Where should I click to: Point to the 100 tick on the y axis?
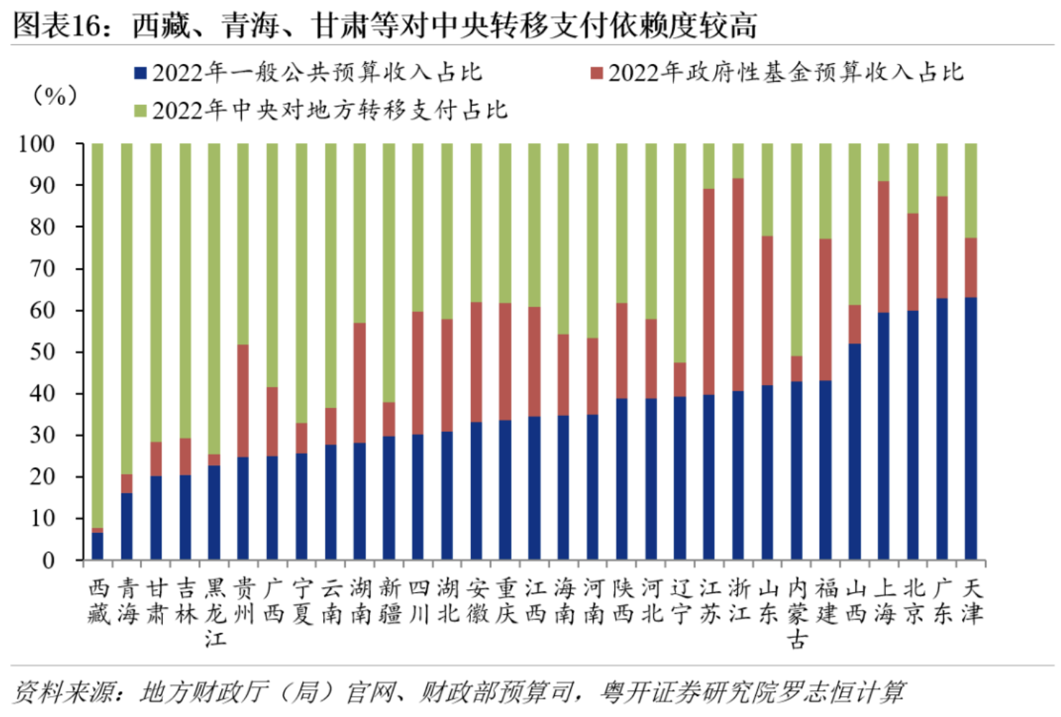coord(37,144)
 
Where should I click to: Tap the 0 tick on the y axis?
coord(48,560)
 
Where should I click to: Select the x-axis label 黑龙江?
coord(215,612)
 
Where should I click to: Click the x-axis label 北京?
coord(913,601)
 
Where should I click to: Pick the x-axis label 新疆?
coord(389,601)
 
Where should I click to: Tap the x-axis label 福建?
coord(826,601)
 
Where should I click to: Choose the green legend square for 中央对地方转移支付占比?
coord(141,111)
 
